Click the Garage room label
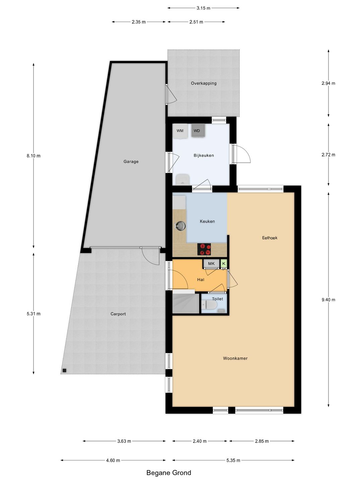point(131,162)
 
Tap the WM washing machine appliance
point(180,131)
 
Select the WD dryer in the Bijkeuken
point(198,130)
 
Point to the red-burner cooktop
point(204,249)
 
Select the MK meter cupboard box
point(211,263)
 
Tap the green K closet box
point(224,263)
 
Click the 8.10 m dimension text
point(34,156)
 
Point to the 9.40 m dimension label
point(328,300)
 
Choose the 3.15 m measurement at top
point(203,8)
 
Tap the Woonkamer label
point(235,359)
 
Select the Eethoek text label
point(270,238)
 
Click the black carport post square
point(64,370)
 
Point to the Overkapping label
point(203,83)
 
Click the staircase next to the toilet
point(186,302)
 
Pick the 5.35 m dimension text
point(233,454)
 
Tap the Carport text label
point(118,314)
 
